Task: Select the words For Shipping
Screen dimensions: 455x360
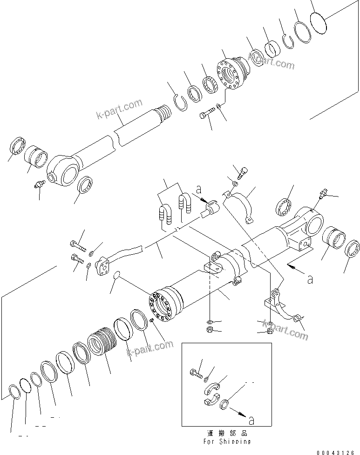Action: [227, 441]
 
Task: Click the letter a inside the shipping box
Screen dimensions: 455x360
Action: [251, 421]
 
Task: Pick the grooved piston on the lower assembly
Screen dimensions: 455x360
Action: [102, 343]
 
